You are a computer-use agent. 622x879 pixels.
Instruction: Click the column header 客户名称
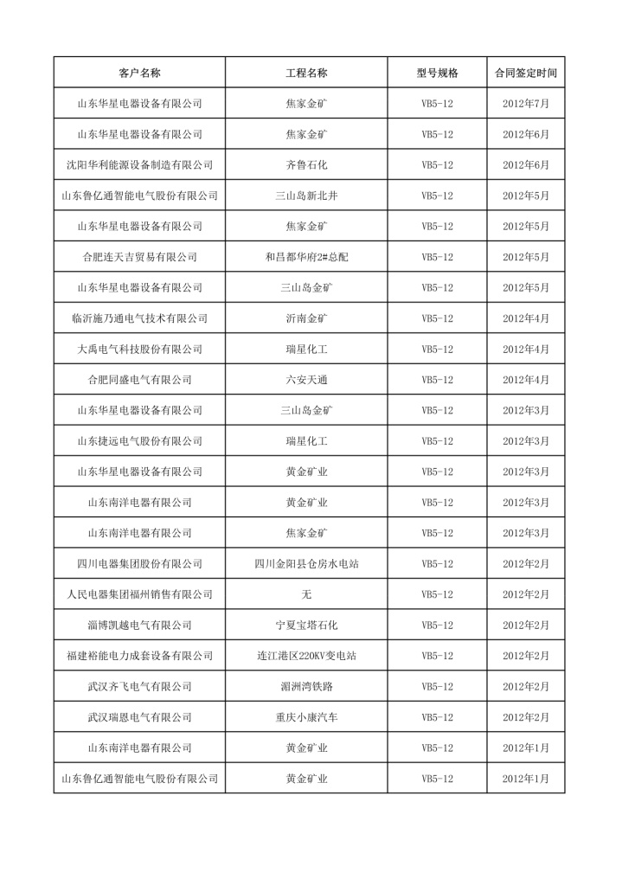coord(139,73)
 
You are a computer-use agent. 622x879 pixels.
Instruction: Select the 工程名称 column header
coord(306,73)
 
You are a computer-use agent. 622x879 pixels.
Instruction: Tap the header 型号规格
coord(437,73)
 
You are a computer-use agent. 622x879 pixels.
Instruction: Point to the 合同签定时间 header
coord(526,73)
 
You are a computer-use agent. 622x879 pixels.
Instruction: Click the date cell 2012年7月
coord(526,104)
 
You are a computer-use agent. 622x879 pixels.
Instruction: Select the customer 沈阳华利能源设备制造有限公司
coord(139,165)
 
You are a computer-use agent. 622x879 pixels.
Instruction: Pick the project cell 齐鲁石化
coord(306,165)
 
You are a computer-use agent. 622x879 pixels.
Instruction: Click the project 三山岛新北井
coord(306,196)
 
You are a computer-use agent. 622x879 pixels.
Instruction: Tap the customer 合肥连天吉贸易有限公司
coord(139,257)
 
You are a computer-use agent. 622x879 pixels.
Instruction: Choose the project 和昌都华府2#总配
coord(306,257)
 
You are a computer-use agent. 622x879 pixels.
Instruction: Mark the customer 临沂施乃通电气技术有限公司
coord(139,318)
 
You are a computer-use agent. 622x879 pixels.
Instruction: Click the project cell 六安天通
coord(306,380)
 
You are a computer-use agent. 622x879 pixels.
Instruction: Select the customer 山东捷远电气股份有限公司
coord(139,441)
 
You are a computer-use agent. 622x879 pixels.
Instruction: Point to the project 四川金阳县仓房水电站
coord(306,564)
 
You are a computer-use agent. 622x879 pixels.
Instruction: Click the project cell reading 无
coord(306,594)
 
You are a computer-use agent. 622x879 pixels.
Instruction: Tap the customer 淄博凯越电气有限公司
coord(139,625)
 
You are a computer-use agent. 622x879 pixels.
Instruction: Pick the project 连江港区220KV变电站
coord(306,656)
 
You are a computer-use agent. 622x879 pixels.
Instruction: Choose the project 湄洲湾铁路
coord(306,686)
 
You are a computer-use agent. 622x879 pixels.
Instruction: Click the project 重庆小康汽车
coord(306,717)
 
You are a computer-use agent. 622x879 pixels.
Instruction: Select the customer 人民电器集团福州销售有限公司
coord(139,594)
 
